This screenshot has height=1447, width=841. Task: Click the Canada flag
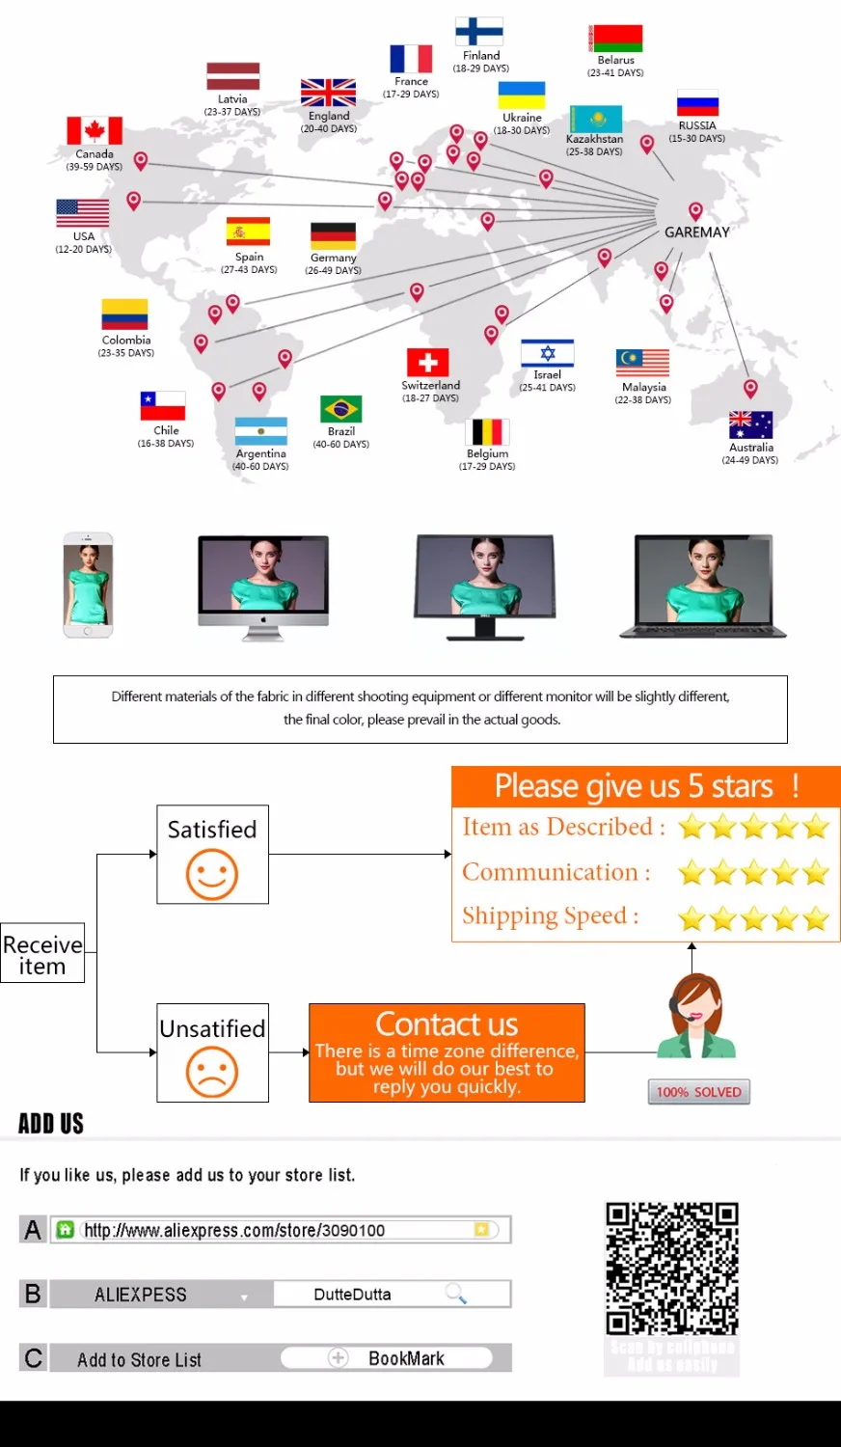click(x=94, y=130)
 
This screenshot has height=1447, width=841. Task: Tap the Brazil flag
click(x=340, y=409)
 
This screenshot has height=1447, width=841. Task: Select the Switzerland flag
click(x=427, y=363)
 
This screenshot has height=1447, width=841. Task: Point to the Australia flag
click(x=750, y=425)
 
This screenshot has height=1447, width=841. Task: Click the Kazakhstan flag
click(x=595, y=120)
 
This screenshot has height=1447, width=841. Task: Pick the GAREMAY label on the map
click(x=696, y=232)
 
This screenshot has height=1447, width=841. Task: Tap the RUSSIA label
click(x=696, y=125)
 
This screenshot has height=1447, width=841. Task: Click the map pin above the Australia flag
click(x=750, y=388)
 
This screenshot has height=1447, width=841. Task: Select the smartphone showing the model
click(x=88, y=586)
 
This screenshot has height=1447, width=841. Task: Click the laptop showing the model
click(x=703, y=587)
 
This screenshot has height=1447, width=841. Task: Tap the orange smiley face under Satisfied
click(x=212, y=874)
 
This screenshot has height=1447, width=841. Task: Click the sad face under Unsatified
click(x=212, y=1072)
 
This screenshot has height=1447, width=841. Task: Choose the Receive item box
click(x=42, y=954)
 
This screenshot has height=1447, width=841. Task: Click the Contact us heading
click(x=447, y=1024)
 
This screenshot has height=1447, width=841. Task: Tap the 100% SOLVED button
click(x=698, y=1092)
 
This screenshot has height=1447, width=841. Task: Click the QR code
click(x=672, y=1269)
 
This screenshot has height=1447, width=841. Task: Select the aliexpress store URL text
click(x=234, y=1230)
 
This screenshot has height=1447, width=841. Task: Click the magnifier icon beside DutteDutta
click(x=456, y=1294)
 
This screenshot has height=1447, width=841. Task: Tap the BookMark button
click(x=405, y=1358)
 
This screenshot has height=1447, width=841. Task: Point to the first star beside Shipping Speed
click(x=692, y=918)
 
